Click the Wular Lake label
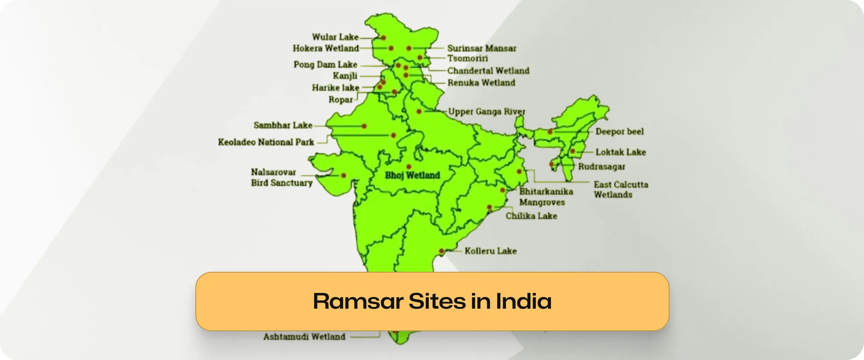[x=335, y=37]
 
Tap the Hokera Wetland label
[x=326, y=48]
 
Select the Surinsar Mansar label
[x=481, y=48]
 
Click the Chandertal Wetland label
[x=488, y=71]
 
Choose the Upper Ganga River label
[x=486, y=111]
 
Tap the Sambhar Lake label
[x=283, y=125]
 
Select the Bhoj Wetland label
[x=412, y=175]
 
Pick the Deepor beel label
[x=619, y=131]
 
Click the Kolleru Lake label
[x=490, y=251]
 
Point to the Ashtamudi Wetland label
[x=304, y=337]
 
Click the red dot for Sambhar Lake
[x=364, y=126]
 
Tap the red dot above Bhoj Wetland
[x=409, y=166]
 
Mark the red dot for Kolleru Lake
[x=441, y=251]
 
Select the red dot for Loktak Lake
[x=573, y=151]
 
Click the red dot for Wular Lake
[x=383, y=38]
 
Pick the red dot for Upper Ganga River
[x=419, y=111]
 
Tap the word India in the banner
[x=523, y=301]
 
